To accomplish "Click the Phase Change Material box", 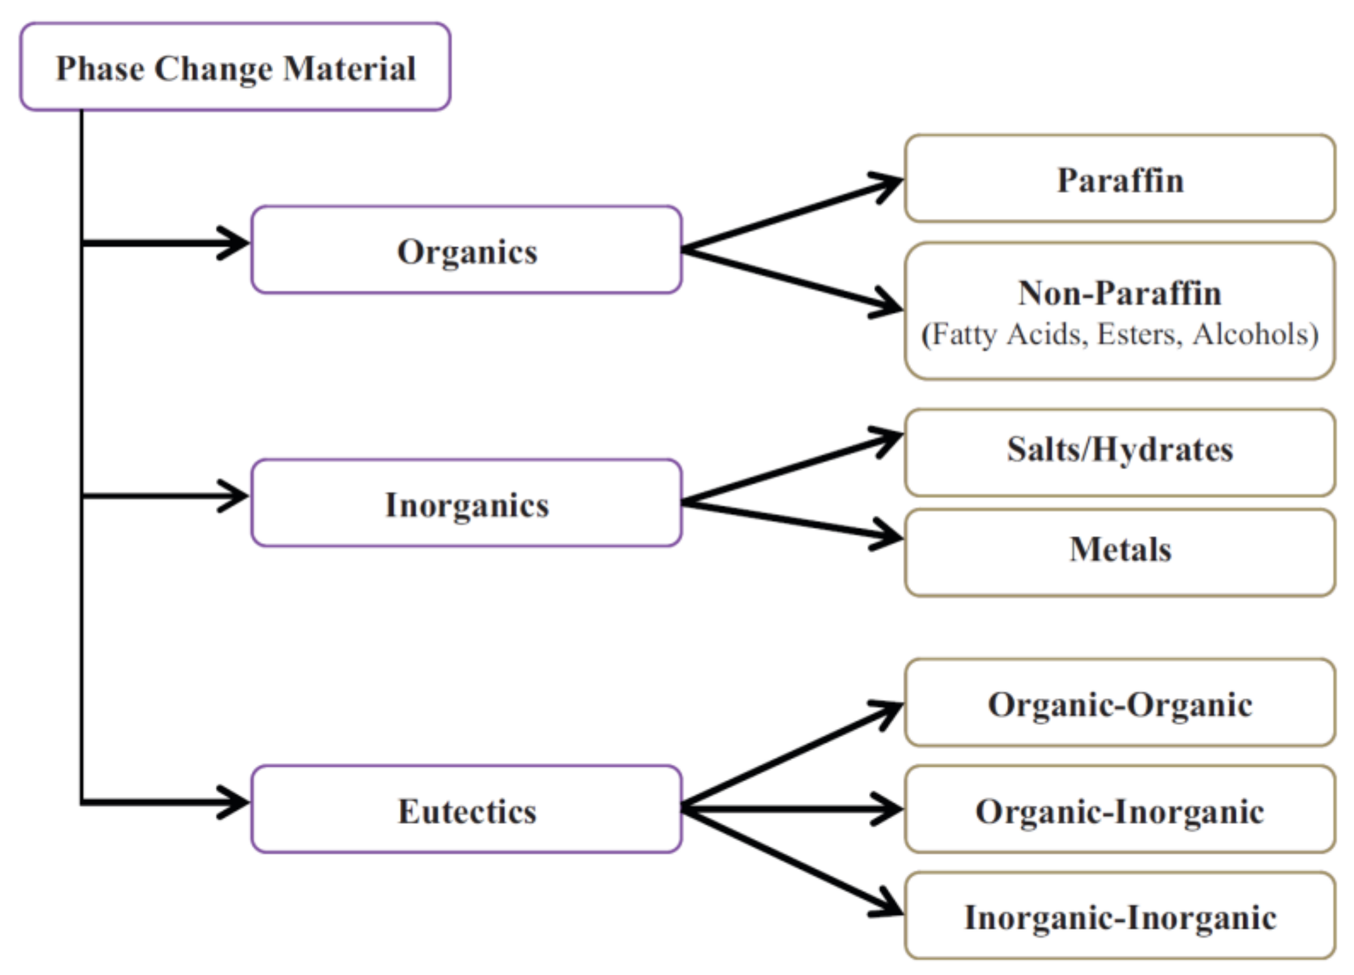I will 235,67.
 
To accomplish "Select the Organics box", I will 466,250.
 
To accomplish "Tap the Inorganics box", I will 466,503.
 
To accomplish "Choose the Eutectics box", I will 466,810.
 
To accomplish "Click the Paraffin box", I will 1119,178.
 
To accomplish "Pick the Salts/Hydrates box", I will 1119,449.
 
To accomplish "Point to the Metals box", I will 1119,549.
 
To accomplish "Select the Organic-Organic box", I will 1119,704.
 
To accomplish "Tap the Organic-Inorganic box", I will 1119,810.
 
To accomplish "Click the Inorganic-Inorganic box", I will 1119,917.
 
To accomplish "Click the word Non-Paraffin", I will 1119,293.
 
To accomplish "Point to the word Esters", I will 1139,334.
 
